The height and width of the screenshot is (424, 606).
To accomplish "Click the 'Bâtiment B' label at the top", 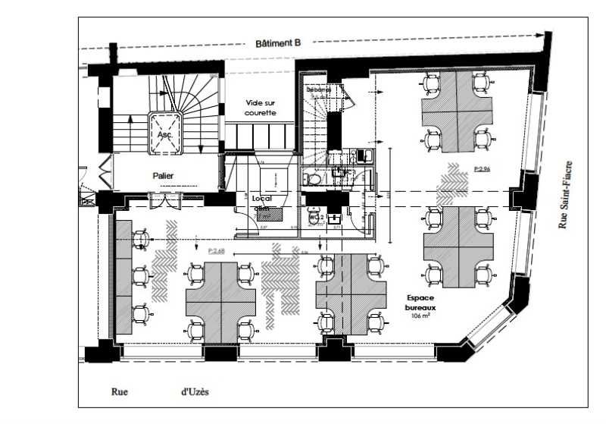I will click(279, 44).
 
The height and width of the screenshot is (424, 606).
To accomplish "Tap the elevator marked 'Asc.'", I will click(164, 133).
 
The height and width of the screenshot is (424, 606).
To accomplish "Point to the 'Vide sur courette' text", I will click(261, 107).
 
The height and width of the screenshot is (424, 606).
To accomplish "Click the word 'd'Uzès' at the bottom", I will click(195, 392).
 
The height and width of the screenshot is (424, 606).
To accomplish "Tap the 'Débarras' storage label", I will click(319, 90).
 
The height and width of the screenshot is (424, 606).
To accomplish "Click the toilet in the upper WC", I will click(311, 178).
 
